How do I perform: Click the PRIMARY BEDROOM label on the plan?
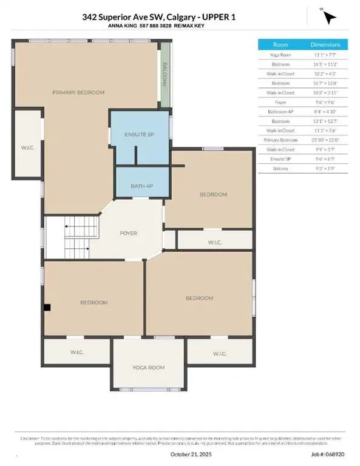click(78, 92)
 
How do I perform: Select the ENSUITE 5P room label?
click(140, 133)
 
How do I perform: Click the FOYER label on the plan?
click(128, 233)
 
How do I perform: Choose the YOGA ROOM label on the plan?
click(149, 367)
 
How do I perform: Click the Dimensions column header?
click(326, 44)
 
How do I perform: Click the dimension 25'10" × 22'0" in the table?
click(326, 139)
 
